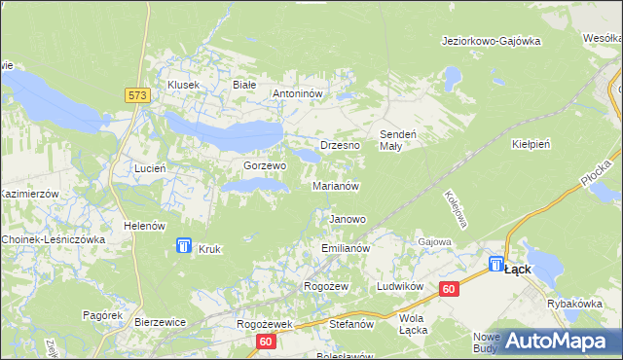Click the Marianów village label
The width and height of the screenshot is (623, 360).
337,185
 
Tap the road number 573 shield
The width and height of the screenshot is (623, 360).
136,94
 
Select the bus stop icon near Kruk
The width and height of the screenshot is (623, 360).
184,247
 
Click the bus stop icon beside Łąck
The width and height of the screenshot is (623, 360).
496,264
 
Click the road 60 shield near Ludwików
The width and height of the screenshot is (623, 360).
449,289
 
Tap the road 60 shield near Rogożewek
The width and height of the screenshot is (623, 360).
267,342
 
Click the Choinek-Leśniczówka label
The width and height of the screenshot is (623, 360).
53,238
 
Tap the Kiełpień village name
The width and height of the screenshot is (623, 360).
531,143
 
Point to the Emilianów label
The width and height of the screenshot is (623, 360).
346,249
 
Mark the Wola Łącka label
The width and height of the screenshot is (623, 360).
414,324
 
